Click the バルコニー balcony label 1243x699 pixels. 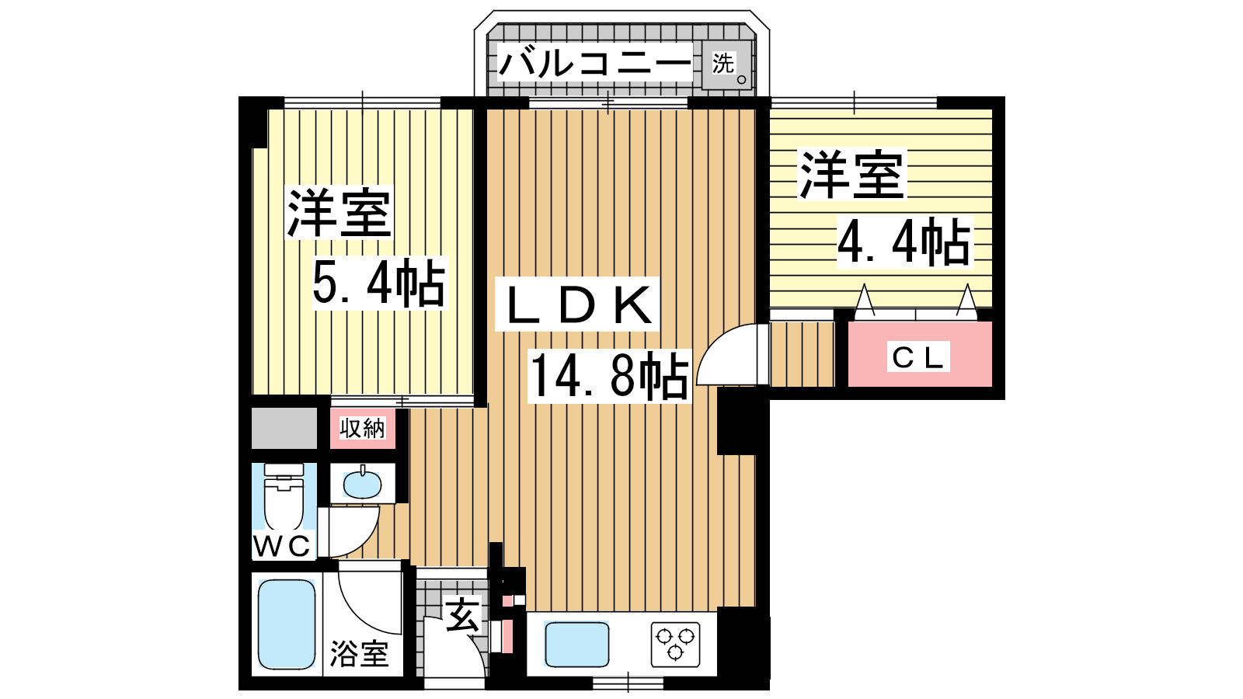point(594,63)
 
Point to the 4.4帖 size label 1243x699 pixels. point(905,242)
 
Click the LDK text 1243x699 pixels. point(578,304)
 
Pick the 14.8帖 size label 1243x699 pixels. point(610,376)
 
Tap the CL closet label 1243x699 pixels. point(918,356)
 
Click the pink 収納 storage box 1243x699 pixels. point(363,428)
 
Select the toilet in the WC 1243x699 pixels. point(284,496)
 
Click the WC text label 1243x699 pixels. point(282,546)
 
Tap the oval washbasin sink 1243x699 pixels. point(362,485)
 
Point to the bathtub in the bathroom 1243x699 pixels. point(287,624)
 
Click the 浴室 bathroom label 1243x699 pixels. point(359,653)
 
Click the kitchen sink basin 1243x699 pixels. point(576,644)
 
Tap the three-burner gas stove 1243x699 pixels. point(675,644)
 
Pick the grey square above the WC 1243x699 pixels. point(284,428)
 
